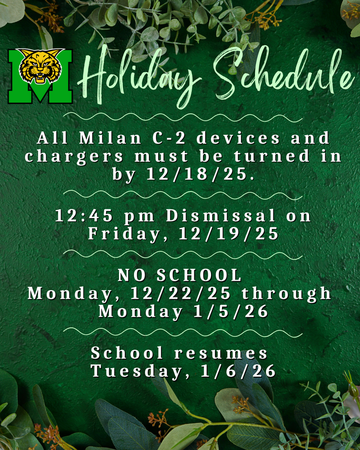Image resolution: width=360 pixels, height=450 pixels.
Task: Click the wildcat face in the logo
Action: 40,66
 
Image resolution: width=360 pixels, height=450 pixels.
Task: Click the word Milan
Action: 110,138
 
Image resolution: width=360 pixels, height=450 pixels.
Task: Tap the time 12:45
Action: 84,216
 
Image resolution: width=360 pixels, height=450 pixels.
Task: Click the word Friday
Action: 128,234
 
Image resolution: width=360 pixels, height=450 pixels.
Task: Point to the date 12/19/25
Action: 229,234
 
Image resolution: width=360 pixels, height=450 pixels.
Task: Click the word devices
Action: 238,138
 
